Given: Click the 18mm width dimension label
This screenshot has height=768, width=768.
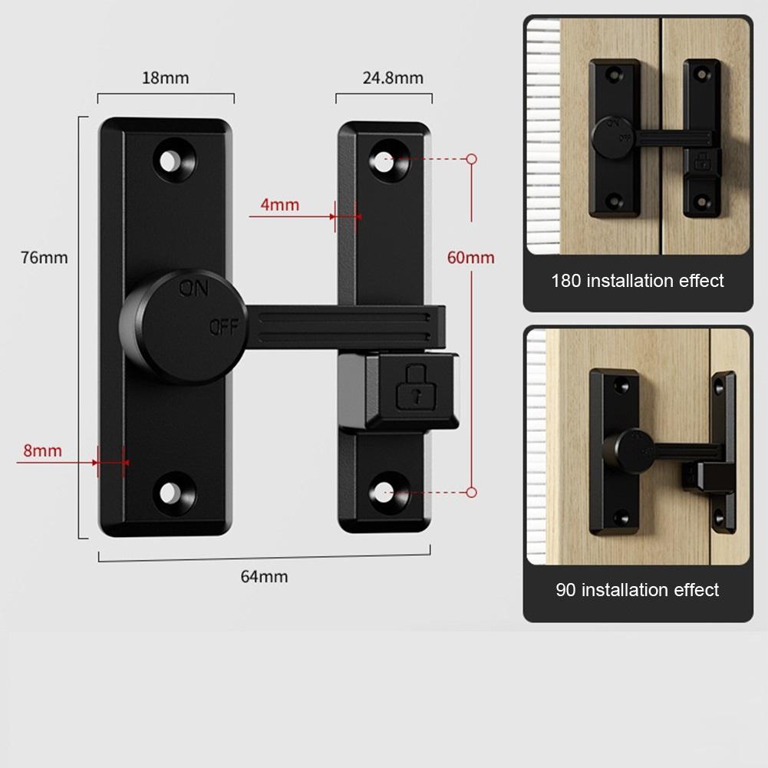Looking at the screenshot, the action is tap(165, 78).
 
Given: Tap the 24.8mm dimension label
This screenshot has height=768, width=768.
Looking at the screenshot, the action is tap(393, 78).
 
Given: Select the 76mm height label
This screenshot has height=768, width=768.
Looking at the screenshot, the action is tap(44, 258).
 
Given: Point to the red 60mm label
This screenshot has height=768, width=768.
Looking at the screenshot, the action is tap(470, 258).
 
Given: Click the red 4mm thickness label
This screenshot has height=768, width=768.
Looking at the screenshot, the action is tap(280, 205).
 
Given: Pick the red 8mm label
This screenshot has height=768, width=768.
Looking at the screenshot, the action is tap(43, 450).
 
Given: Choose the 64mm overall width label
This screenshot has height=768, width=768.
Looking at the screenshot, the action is tap(264, 576).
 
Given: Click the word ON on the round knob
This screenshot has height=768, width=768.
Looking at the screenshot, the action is tap(193, 288).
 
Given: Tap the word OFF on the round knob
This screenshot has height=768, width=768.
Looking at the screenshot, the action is tap(224, 327).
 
